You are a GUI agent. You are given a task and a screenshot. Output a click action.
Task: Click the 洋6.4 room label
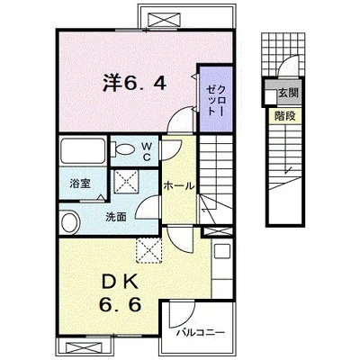[x=134, y=82]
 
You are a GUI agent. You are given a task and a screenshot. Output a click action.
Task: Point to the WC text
[x=146, y=151]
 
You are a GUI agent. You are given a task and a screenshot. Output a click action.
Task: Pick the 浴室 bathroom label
[x=80, y=184]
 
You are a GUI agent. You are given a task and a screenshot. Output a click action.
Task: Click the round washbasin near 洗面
[x=70, y=222]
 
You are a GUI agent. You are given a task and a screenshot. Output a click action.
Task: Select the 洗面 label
[x=115, y=217]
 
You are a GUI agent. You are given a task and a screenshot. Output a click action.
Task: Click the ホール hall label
[x=179, y=186]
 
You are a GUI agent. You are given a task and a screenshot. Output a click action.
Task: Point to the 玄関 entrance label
[x=289, y=93]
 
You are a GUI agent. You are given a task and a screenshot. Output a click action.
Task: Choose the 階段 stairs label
[x=285, y=116]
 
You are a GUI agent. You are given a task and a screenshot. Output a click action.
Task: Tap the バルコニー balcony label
[x=201, y=333]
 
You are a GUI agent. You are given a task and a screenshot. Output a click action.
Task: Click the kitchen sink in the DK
[x=221, y=251]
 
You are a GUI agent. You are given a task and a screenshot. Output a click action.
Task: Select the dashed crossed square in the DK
[x=148, y=250]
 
